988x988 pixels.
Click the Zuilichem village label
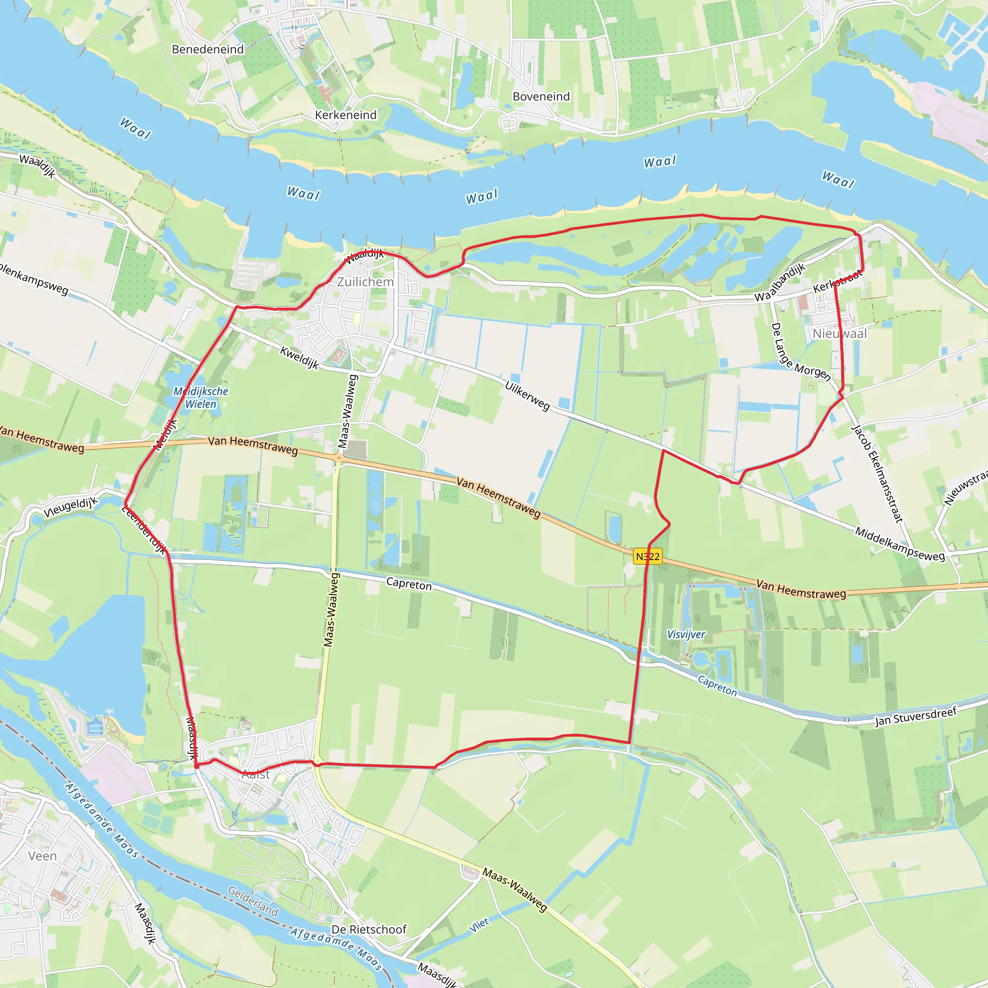tap(365, 282)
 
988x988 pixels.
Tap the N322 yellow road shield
tap(647, 556)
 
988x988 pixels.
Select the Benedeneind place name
tap(207, 50)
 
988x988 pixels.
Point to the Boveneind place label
tap(541, 96)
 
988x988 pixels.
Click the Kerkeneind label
tap(346, 115)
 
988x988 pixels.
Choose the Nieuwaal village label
tap(840, 333)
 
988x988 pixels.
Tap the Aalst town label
tap(256, 774)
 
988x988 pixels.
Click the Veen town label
tap(42, 856)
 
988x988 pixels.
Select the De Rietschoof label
tap(369, 929)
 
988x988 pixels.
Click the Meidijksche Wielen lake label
tap(201, 398)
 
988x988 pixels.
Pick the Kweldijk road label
tap(300, 358)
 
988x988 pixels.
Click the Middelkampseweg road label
tap(900, 545)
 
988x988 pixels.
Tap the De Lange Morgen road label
tap(800, 352)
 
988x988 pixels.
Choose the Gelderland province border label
tap(253, 902)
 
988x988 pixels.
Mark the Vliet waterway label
tap(479, 925)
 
